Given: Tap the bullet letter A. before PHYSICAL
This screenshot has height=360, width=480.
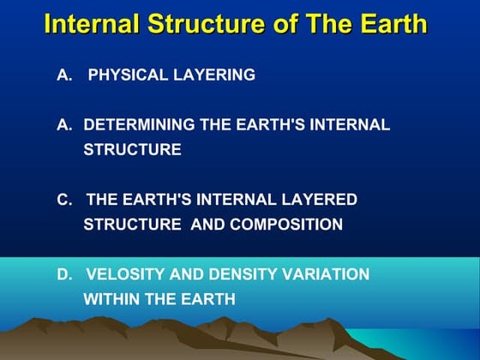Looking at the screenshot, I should [x=64, y=75].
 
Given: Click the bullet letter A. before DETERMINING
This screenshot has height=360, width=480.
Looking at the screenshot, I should [x=64, y=125].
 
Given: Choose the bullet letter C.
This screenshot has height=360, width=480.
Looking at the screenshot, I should [x=64, y=200].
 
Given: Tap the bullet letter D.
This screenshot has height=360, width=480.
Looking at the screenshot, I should [x=64, y=274].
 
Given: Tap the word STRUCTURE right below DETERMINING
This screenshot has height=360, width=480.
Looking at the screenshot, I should [x=132, y=150].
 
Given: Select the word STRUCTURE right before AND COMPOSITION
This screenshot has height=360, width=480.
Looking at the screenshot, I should [x=132, y=225].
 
